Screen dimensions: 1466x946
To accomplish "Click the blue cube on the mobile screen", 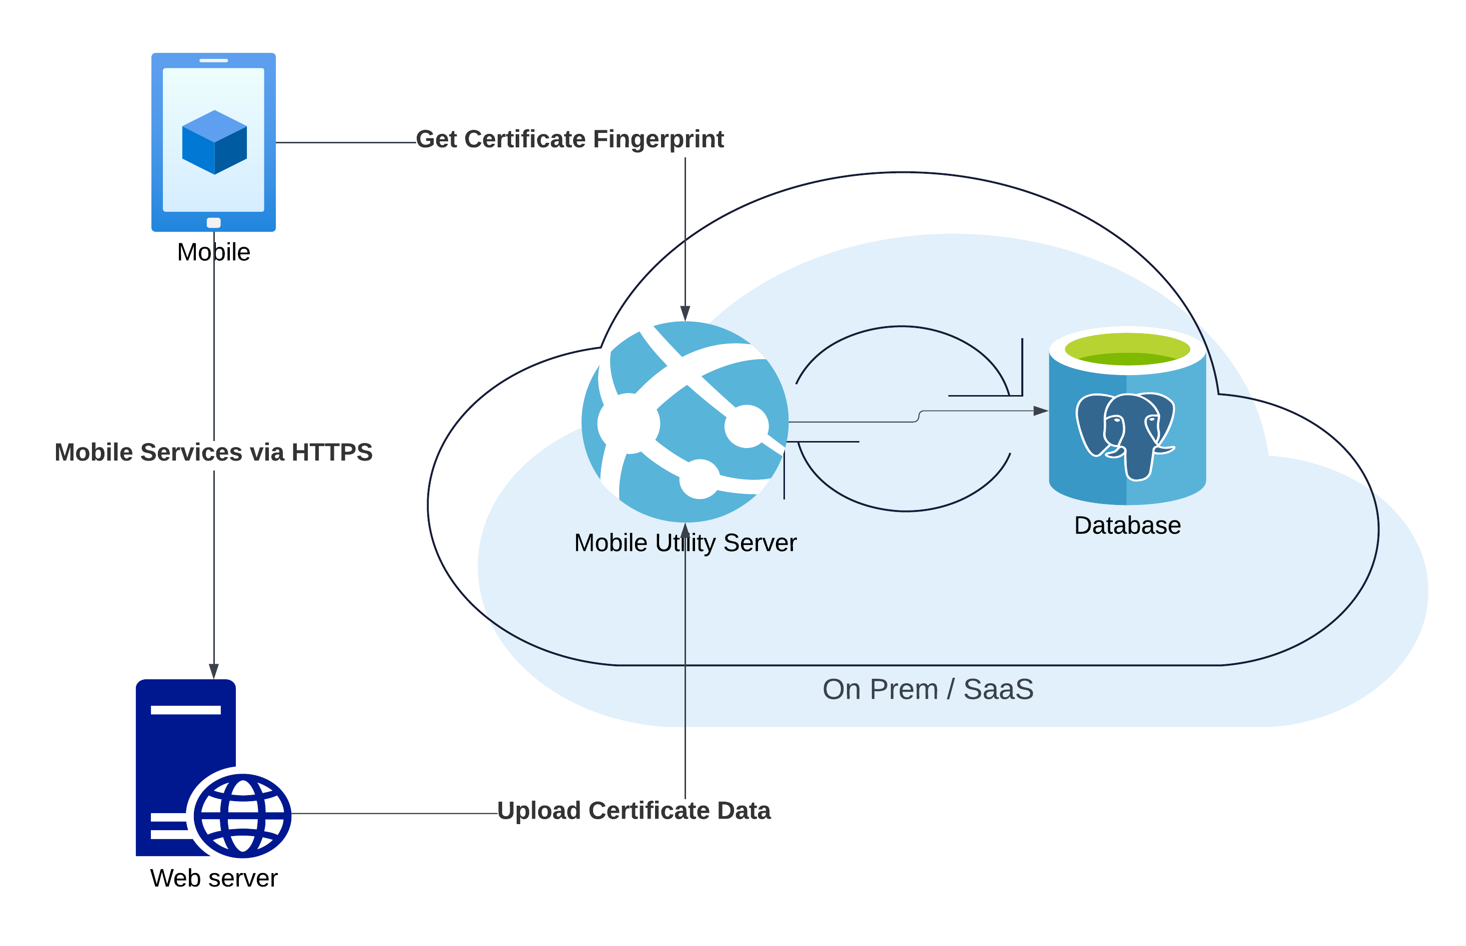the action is [214, 142].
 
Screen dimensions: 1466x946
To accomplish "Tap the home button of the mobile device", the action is [213, 222].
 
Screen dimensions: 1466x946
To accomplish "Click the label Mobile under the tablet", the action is [213, 252].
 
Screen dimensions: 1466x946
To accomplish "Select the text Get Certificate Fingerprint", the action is [570, 139].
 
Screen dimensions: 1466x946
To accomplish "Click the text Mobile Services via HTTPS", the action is [213, 452].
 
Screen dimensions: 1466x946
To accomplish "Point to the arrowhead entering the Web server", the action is [214, 671].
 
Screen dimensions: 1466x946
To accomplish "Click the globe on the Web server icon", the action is [243, 815].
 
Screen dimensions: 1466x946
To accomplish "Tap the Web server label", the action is [213, 878].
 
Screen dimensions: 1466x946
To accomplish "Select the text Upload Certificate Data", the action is [634, 811].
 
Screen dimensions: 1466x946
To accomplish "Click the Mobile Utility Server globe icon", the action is [685, 422].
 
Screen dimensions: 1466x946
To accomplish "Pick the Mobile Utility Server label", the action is [685, 542].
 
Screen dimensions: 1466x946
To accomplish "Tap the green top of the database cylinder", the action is [1127, 349].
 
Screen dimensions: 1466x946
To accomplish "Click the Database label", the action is [1127, 525].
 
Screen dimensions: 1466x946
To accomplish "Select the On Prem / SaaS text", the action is [928, 689].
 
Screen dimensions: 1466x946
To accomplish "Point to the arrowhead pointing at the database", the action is [1041, 411].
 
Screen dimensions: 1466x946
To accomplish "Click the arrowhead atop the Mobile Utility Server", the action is [685, 313].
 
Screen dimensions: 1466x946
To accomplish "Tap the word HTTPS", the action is [332, 452].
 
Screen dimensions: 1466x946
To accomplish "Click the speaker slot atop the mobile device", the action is [214, 60].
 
